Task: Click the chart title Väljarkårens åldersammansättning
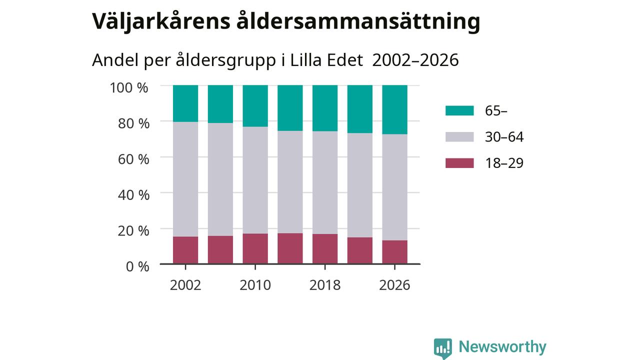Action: tap(286, 21)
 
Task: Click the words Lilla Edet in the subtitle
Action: tap(326, 60)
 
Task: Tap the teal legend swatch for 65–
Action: tap(459, 110)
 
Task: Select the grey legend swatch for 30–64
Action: tap(459, 137)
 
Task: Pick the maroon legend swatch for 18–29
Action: tap(459, 163)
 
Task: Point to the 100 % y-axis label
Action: tap(129, 87)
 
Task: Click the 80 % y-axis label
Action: tap(133, 123)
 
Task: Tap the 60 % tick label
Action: tap(133, 159)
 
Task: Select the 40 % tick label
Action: tap(133, 195)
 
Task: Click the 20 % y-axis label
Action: tap(133, 231)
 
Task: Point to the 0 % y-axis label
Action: tap(137, 267)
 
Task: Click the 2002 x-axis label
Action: tap(185, 285)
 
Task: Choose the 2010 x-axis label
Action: tap(255, 285)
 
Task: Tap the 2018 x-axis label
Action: tap(325, 285)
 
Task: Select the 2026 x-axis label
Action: tap(394, 285)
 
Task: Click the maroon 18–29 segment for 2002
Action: tap(185, 250)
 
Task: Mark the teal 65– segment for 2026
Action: tap(395, 109)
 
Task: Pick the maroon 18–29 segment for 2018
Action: tap(325, 249)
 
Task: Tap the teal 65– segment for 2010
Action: tap(255, 106)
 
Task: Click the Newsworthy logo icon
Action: tap(443, 348)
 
